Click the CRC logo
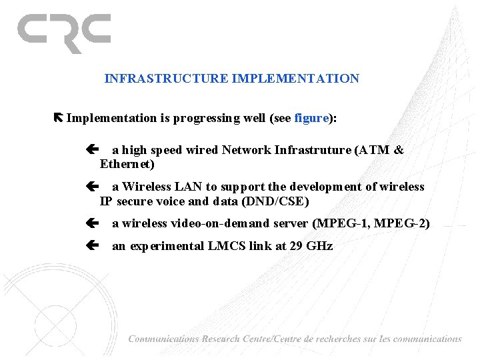coord(64,33)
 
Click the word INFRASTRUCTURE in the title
coord(167,79)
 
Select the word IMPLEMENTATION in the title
coord(295,79)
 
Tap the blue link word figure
coord(311,119)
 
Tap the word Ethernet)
coord(127,164)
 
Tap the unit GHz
coord(319,246)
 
